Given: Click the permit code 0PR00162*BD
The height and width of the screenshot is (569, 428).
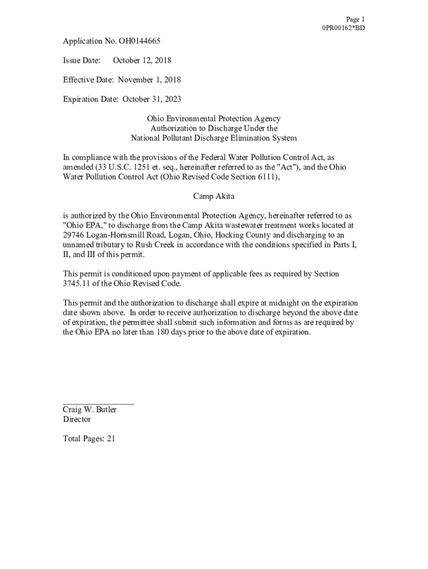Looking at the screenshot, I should (x=344, y=28).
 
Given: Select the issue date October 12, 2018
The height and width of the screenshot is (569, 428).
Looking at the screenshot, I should (x=142, y=61).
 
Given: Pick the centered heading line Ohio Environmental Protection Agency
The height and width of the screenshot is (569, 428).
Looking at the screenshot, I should (x=213, y=119).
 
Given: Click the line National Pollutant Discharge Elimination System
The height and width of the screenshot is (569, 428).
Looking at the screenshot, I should (x=213, y=138).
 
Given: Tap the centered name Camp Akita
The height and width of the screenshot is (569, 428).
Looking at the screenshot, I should (x=213, y=196).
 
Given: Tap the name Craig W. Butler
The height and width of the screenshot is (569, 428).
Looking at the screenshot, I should (x=89, y=410).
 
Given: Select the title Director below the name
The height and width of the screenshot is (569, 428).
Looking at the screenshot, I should (x=77, y=420).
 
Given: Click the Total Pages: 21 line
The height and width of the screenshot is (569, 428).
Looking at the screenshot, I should (x=89, y=439).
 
